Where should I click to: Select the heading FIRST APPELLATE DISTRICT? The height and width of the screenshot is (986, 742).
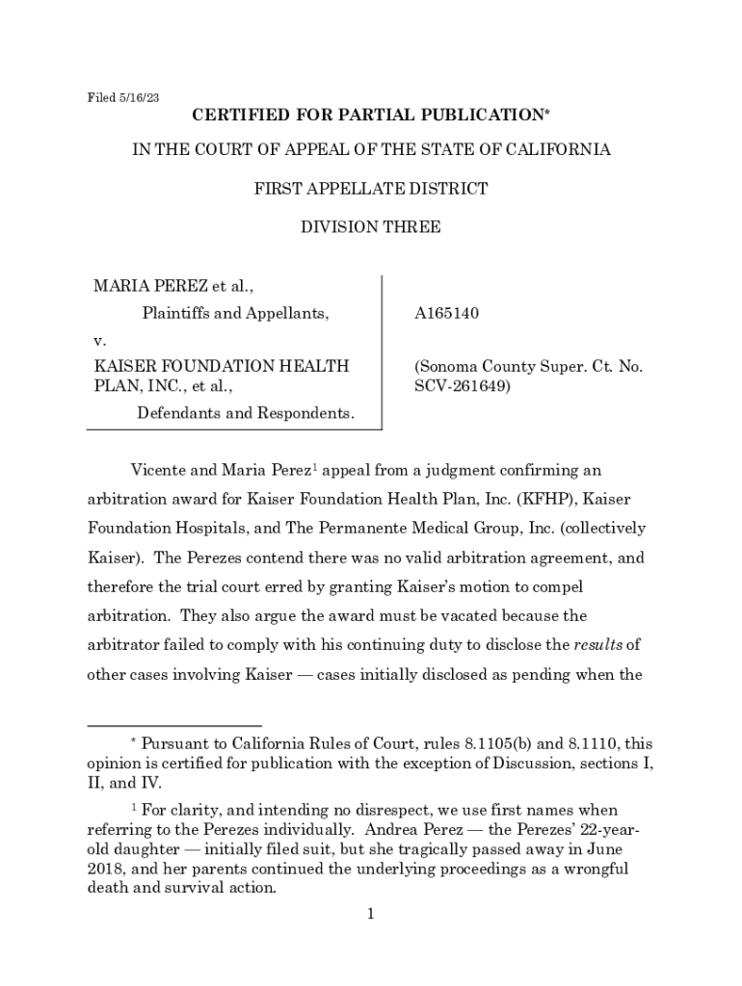pyautogui.click(x=371, y=189)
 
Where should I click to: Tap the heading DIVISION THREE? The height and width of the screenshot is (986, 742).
pyautogui.click(x=371, y=228)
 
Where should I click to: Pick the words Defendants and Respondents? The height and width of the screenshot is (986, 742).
pyautogui.click(x=246, y=414)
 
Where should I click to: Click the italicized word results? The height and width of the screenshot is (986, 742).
pyautogui.click(x=598, y=645)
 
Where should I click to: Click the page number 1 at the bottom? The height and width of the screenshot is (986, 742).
pyautogui.click(x=370, y=914)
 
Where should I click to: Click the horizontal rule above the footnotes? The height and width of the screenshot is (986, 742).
pyautogui.click(x=174, y=724)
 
